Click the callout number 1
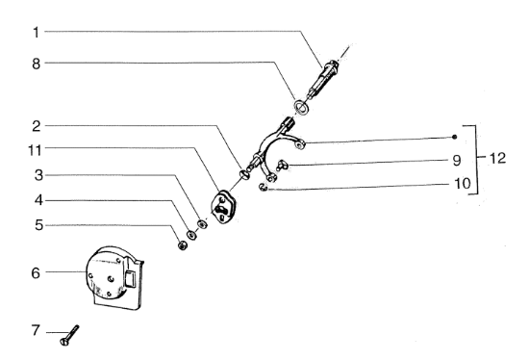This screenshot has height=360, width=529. coord(37,33)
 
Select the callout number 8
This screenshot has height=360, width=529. coord(37,64)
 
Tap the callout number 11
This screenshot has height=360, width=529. coord(35,150)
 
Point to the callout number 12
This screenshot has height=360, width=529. coord(497,158)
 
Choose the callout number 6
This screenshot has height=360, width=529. coord(36,272)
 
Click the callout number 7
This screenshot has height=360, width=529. coord(36,330)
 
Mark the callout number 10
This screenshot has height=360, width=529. coord(463,184)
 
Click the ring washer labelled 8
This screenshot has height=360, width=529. coord(301,107)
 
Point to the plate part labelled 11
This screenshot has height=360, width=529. coord(223,207)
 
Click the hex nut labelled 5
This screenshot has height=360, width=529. coord(183,245)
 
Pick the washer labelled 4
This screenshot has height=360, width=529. coord(192,234)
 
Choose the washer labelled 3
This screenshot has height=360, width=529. coord(202,224)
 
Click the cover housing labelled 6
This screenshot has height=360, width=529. coord(114,277)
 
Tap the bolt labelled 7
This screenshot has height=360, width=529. coord(69,335)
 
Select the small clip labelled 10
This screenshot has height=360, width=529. coord(264,187)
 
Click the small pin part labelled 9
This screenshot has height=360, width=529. coord(282,166)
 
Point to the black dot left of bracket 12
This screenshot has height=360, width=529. coord(454,137)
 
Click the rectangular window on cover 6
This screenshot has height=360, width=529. coord(131,279)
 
